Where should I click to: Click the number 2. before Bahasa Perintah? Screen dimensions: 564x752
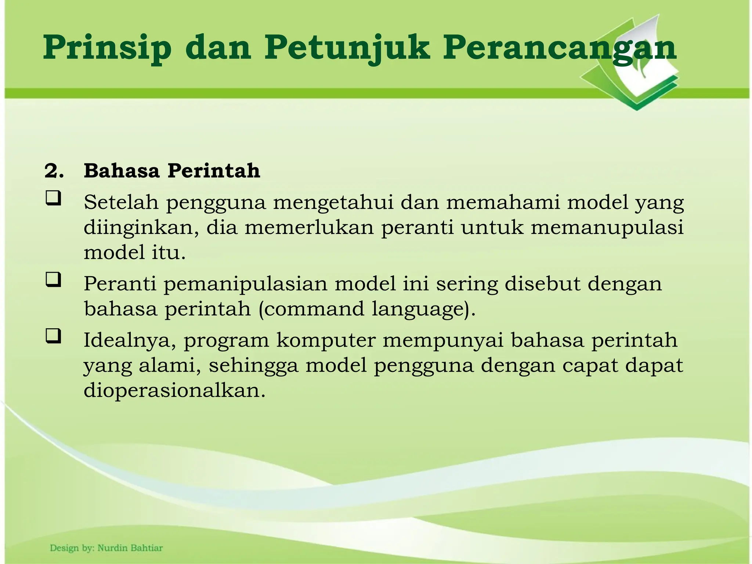pos(54,171)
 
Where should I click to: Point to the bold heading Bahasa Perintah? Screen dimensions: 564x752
pos(172,171)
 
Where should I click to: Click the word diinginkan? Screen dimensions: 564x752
pos(141,228)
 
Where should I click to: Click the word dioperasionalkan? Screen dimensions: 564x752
pos(174,390)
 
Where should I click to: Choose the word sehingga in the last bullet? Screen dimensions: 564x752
pos(253,366)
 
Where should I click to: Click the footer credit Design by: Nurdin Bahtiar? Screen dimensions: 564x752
pos(106,548)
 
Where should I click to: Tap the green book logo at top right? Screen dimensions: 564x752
pos(639,66)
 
